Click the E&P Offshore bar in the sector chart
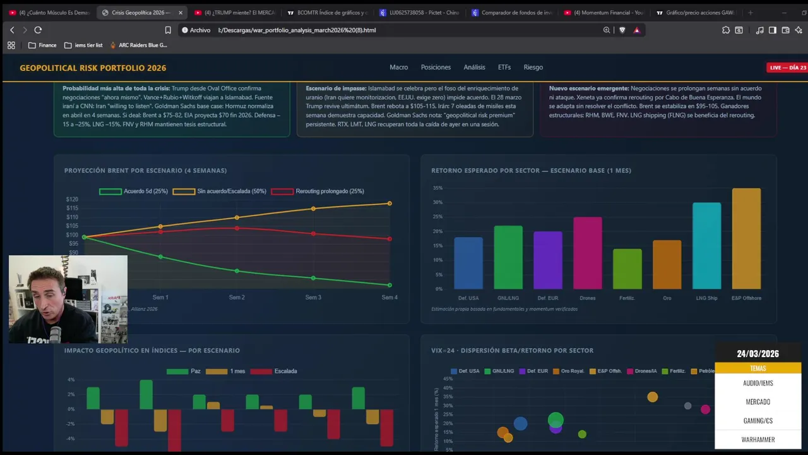pyautogui.click(x=746, y=238)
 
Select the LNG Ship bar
pyautogui.click(x=706, y=246)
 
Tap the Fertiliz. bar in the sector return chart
pyautogui.click(x=627, y=269)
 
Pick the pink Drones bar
pyautogui.click(x=587, y=253)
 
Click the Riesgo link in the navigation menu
pyautogui.click(x=533, y=67)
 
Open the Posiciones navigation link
pyautogui.click(x=436, y=67)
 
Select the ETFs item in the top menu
pyautogui.click(x=504, y=67)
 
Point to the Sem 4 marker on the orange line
pyautogui.click(x=389, y=203)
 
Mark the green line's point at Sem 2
pyautogui.click(x=237, y=271)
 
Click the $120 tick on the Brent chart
pyautogui.click(x=72, y=200)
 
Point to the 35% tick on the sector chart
pyautogui.click(x=437, y=188)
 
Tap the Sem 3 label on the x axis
pyautogui.click(x=313, y=298)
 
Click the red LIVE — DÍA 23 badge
pyautogui.click(x=787, y=68)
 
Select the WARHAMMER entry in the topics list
pyautogui.click(x=757, y=440)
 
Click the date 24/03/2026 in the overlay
pyautogui.click(x=757, y=354)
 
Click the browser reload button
pyautogui.click(x=38, y=30)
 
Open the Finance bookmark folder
pyautogui.click(x=42, y=45)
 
